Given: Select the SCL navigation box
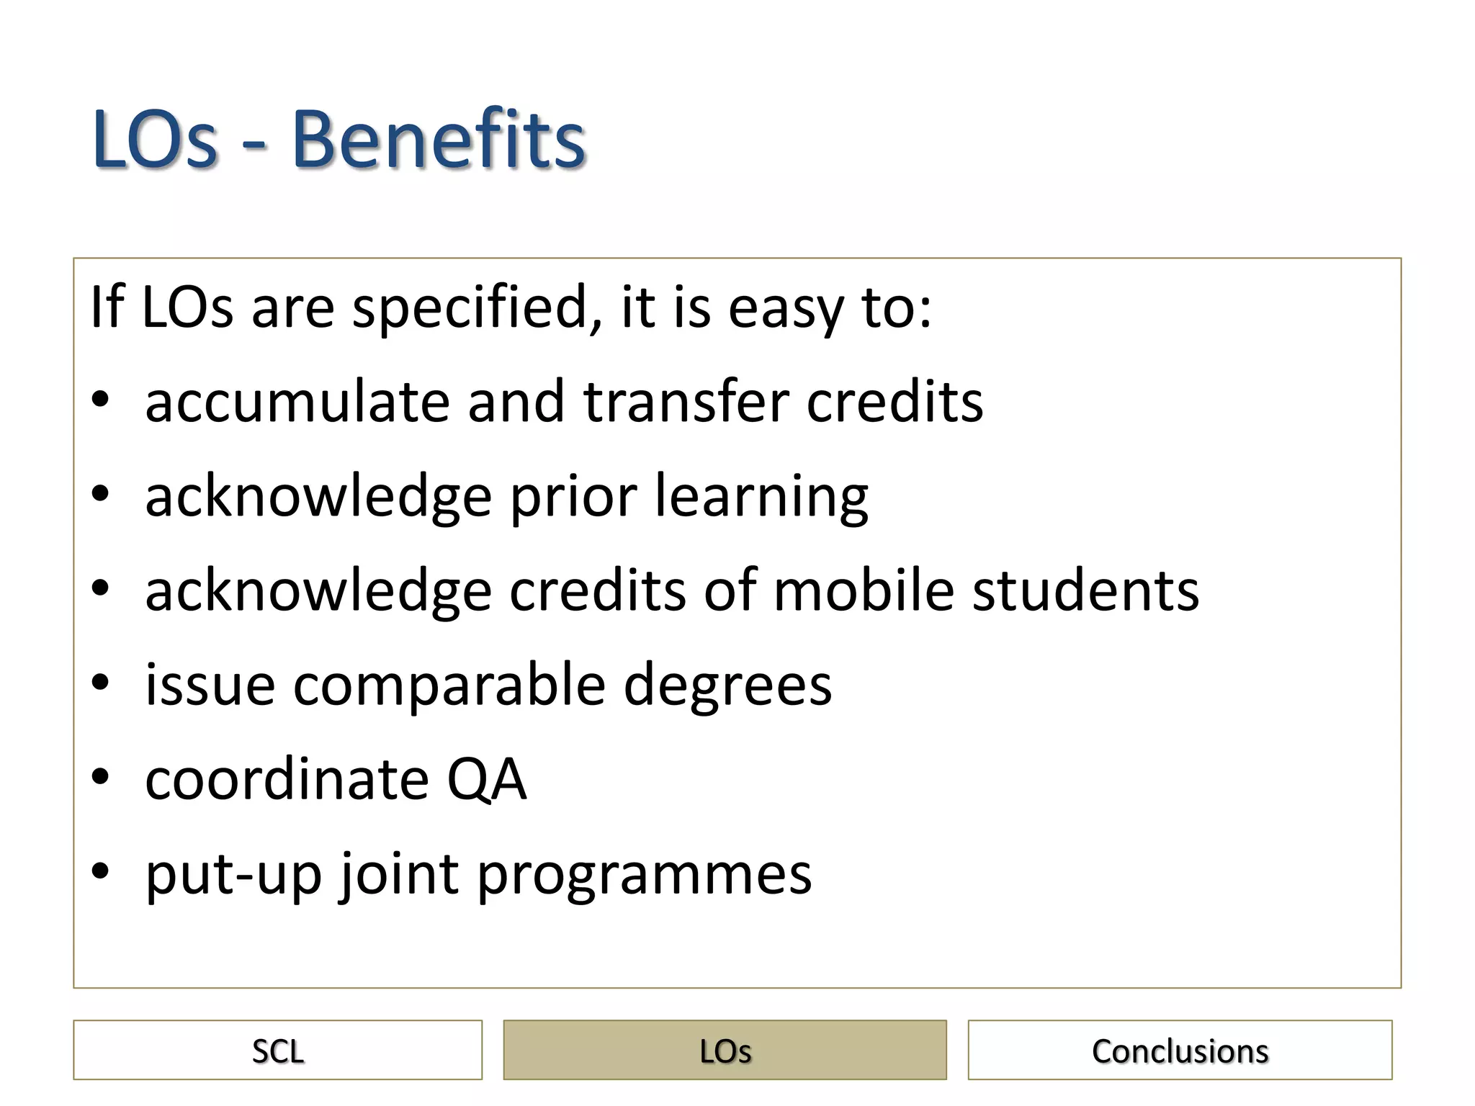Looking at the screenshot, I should pos(277,1050).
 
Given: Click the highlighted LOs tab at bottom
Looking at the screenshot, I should pos(725,1050).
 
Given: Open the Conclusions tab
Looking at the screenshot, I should pos(1180,1050).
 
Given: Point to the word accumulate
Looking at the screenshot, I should pos(297,402).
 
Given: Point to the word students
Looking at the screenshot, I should pos(1085,590).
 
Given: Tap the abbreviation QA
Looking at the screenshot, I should pos(487,779).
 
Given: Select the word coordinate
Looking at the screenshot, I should pos(287,779).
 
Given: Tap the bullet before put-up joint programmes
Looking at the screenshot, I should pos(100,871).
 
